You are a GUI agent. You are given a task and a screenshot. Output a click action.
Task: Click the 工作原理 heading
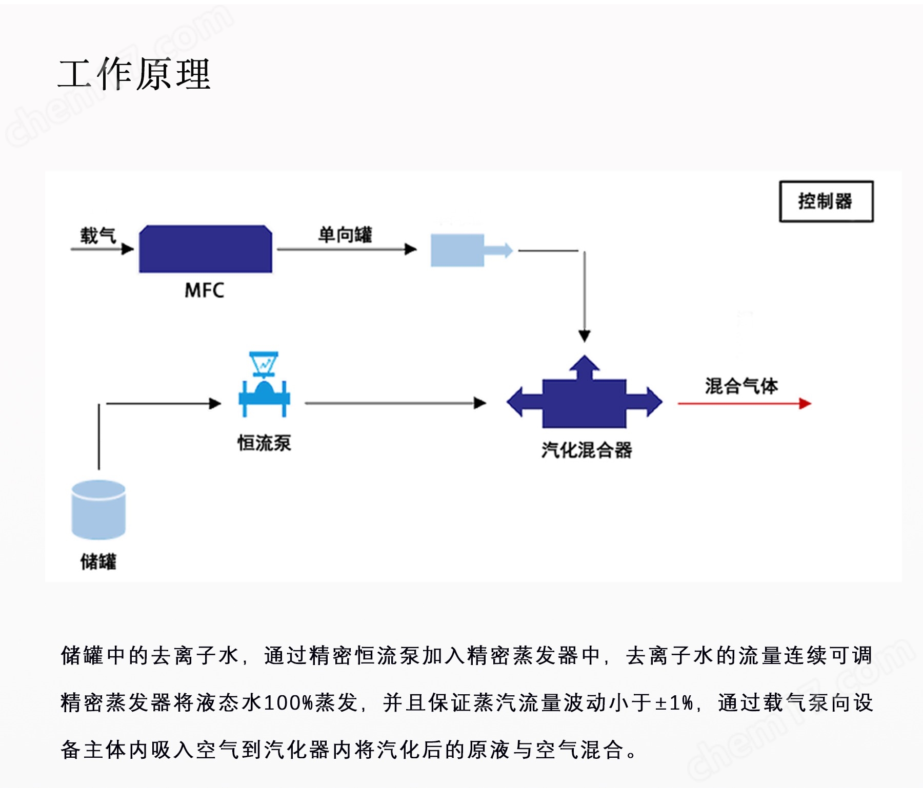click(x=134, y=74)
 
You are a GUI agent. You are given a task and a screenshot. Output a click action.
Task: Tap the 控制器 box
click(x=826, y=201)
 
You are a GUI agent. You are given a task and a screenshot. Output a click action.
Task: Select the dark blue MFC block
click(x=206, y=249)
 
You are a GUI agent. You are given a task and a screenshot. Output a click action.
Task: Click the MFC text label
click(x=204, y=291)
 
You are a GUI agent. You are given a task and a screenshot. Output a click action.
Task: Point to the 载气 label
click(x=98, y=235)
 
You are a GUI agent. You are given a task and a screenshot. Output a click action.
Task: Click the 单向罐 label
click(x=345, y=235)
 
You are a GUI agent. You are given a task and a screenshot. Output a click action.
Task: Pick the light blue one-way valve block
click(x=458, y=250)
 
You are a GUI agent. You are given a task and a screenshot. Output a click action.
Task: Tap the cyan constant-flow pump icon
click(x=264, y=384)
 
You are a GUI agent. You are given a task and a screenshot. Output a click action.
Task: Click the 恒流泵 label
click(x=264, y=443)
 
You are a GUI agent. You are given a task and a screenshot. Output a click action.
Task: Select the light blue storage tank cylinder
click(x=98, y=510)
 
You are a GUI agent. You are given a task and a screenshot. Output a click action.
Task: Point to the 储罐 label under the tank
click(x=98, y=562)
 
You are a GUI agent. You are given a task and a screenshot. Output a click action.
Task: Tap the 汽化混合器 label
click(x=587, y=450)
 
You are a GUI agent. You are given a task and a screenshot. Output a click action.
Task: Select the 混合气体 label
click(x=741, y=385)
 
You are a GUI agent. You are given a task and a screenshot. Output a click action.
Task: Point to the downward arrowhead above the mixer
click(x=585, y=336)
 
